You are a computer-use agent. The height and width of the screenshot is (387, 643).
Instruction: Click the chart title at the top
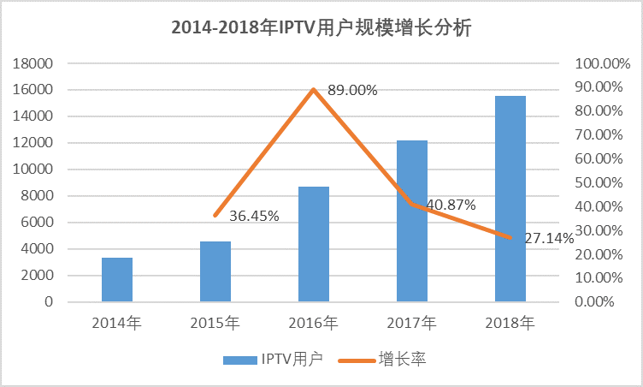point(321,27)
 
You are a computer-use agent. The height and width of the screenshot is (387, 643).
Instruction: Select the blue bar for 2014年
point(117,280)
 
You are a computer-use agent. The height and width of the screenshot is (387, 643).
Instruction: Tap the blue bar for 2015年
point(215,271)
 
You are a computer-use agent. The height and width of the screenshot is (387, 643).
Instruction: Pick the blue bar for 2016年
point(314,244)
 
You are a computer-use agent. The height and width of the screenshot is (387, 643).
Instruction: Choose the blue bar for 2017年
point(412,221)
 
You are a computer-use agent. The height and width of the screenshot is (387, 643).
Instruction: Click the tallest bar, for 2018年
point(510,199)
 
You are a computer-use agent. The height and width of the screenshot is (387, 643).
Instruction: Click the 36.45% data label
point(254,216)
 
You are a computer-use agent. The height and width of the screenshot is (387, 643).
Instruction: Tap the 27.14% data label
point(549,238)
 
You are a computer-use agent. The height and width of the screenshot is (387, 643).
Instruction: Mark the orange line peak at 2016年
point(314,89)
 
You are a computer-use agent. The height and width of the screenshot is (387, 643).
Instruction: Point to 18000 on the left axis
point(35,63)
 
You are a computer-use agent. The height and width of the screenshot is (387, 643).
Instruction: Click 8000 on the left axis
point(38,196)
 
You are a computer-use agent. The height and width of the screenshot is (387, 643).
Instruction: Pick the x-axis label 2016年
point(314,324)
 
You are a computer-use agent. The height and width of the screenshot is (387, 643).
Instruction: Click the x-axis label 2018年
point(510,324)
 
